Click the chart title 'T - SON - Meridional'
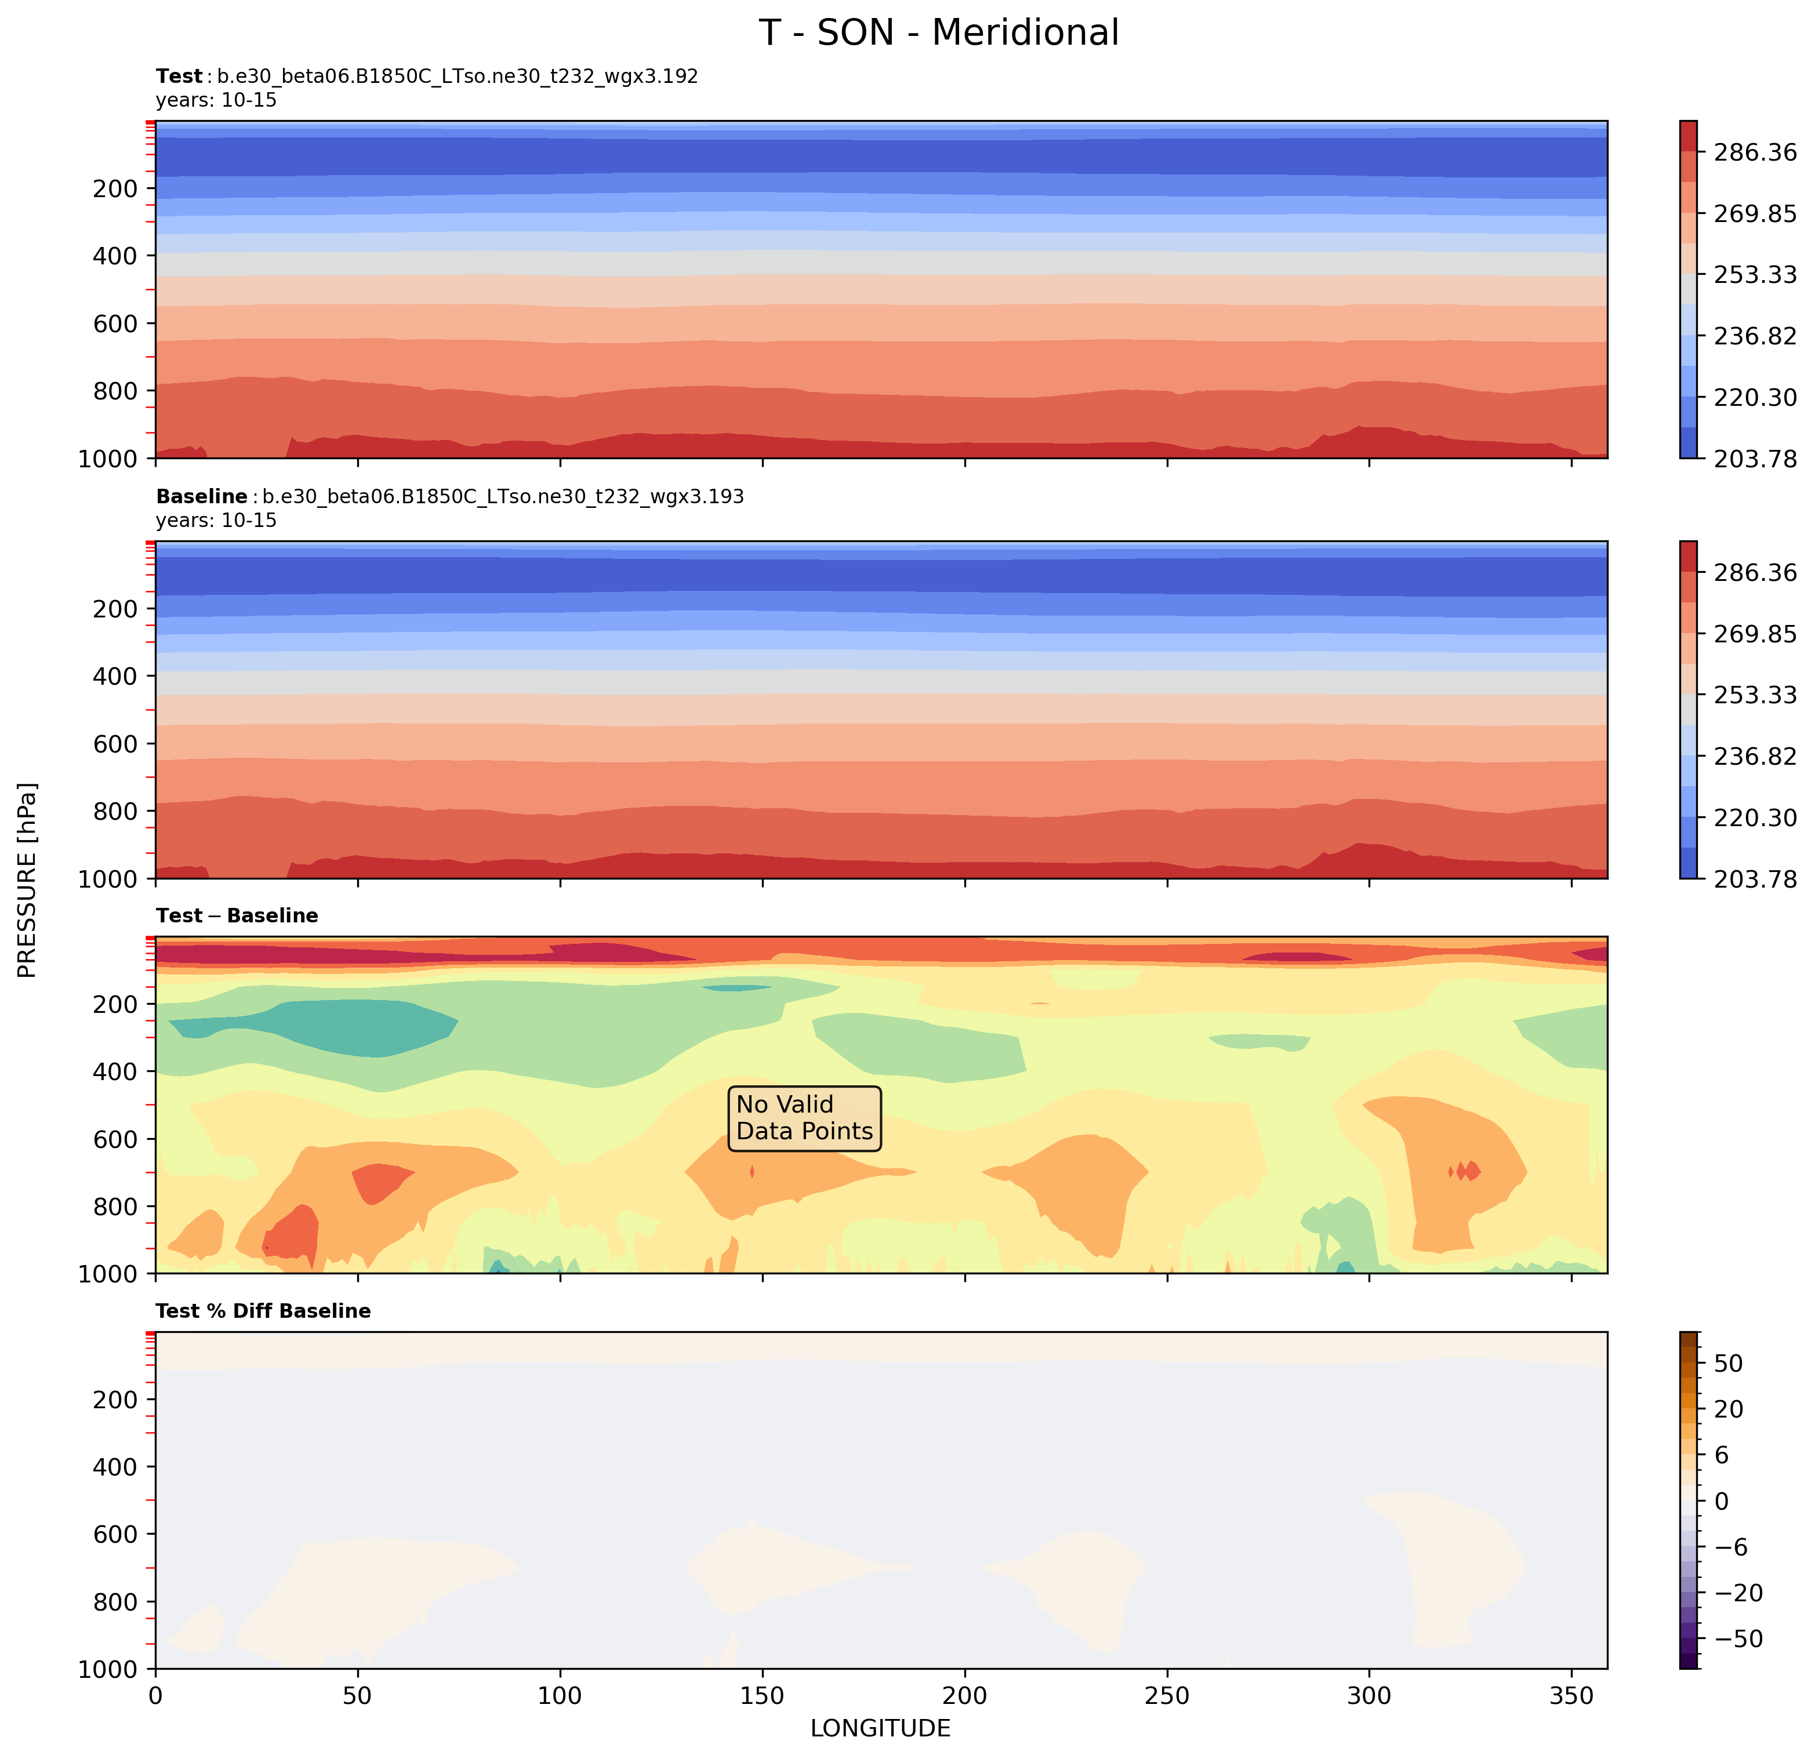(939, 33)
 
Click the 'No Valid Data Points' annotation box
(804, 1118)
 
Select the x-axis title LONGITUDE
(880, 1728)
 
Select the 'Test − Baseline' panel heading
(237, 915)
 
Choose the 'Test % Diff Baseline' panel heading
(263, 1311)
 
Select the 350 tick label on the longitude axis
(1571, 1696)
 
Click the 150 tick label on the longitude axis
(762, 1696)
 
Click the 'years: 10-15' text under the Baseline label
(216, 520)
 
